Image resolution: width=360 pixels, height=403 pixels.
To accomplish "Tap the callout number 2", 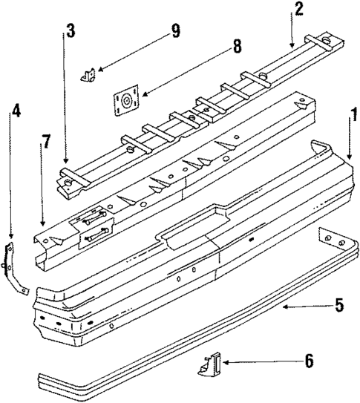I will (298, 10).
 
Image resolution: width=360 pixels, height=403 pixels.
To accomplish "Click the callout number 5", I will (338, 304).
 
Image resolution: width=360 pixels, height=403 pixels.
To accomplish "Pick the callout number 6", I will (308, 361).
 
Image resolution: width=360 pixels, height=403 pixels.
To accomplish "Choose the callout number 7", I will (46, 141).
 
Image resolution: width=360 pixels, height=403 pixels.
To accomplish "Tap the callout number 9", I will (175, 30).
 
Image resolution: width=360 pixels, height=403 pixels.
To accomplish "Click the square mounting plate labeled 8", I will (126, 100).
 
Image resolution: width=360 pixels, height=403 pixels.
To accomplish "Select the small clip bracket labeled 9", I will (89, 75).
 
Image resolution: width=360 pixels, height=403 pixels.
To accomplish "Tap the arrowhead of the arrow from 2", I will (292, 49).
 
